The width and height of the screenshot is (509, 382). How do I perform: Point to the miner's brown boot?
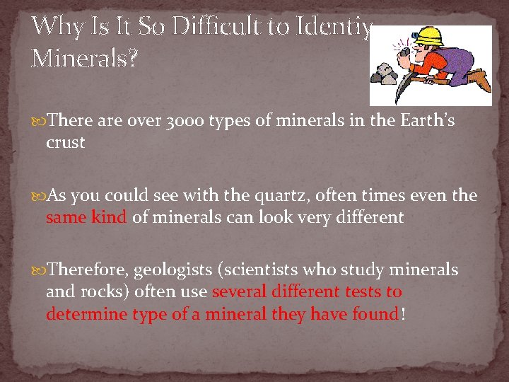tap(479, 78)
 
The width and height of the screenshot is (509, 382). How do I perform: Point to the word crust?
tap(65, 142)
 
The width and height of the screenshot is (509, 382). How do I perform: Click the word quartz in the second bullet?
tap(254, 195)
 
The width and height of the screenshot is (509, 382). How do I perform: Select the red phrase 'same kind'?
tap(86, 217)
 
